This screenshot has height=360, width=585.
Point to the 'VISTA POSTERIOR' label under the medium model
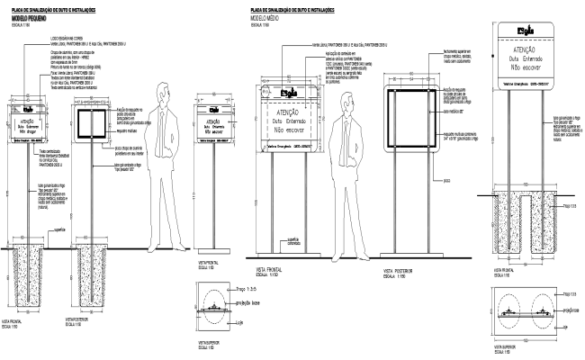coord(397,269)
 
